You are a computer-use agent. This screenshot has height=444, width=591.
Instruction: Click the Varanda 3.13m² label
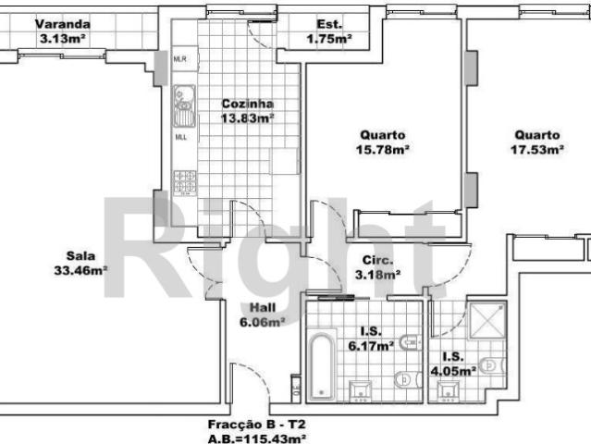(x=63, y=32)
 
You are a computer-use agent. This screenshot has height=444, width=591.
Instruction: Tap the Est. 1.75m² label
(x=328, y=32)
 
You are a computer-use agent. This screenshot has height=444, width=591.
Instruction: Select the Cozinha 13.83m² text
(x=246, y=112)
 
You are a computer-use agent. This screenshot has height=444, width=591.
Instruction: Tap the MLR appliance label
(x=180, y=59)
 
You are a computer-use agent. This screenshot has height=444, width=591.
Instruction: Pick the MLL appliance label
(x=180, y=138)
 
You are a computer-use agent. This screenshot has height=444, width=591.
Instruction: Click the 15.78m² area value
(x=384, y=148)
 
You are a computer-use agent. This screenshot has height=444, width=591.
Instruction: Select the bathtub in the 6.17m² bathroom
(x=319, y=362)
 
